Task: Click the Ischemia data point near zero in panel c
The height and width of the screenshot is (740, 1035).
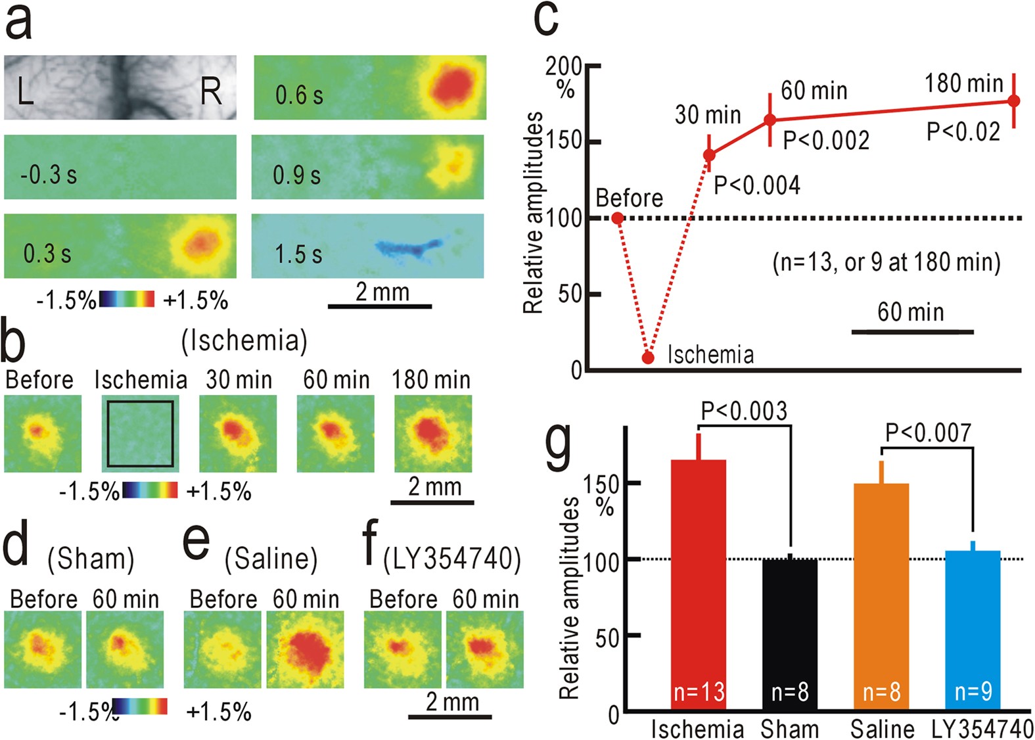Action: pos(648,358)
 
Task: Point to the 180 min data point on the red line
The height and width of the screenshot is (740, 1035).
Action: pos(1013,101)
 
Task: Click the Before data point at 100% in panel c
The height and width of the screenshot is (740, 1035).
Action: pos(618,218)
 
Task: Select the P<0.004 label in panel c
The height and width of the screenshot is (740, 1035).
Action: pos(757,186)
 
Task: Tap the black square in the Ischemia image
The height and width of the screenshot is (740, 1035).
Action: pos(141,434)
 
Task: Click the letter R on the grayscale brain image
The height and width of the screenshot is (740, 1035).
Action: pos(211,91)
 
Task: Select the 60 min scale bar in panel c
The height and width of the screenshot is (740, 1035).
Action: pos(912,332)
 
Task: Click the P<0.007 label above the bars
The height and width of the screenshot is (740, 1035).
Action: pos(928,433)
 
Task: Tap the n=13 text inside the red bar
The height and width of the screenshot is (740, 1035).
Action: pos(699,691)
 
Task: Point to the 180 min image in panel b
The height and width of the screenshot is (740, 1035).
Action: pos(433,434)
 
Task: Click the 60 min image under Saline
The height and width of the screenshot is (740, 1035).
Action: pos(305,649)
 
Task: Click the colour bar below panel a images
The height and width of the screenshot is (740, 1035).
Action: pos(127,300)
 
